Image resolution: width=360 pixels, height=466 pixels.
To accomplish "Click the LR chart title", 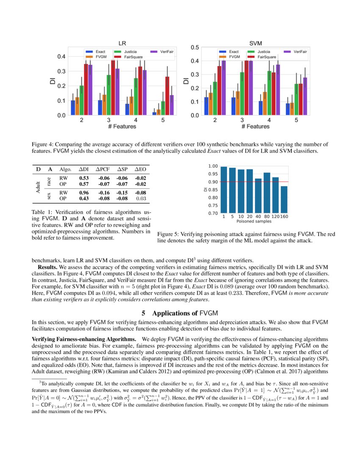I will coord(122,43).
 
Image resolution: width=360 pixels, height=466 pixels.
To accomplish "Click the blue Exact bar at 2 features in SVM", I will coord(206,106).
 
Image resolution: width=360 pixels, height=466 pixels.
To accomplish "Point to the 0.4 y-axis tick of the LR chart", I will coord(61,56).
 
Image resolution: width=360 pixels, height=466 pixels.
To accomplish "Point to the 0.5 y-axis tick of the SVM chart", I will coord(194,47).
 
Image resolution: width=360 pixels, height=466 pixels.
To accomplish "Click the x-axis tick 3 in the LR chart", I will coord(109,120).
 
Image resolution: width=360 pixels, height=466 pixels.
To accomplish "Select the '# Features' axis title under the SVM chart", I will coord(255,127).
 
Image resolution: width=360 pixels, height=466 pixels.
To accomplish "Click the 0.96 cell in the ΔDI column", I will coord(84,193).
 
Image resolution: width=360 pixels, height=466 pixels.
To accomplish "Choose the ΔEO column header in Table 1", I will coord(140,169).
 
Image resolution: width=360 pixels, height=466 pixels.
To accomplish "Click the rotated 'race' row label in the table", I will coord(50,181).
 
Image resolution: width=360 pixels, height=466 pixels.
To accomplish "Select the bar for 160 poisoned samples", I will coord(284,199).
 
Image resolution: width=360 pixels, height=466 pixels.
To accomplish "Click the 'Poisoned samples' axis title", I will coord(254,221).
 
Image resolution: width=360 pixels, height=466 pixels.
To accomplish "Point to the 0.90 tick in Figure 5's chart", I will coord(213,182).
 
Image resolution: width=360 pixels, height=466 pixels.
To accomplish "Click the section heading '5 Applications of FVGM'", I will coord(180,313).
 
